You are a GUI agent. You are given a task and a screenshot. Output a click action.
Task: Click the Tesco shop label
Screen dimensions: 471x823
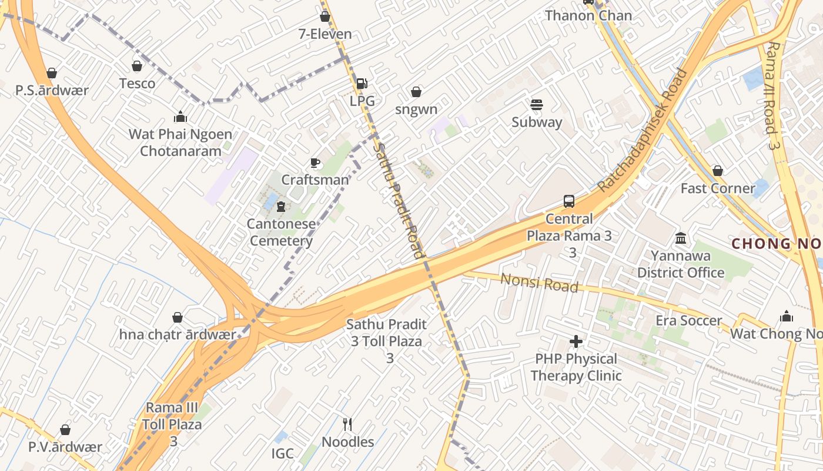137,84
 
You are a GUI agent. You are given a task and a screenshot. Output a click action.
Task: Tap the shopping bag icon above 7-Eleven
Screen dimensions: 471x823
324,17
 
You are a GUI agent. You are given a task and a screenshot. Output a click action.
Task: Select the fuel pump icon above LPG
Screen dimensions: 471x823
362,84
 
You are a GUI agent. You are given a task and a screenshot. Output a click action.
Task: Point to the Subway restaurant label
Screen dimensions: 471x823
537,122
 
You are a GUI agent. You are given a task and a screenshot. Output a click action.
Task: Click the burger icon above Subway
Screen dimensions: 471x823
536,105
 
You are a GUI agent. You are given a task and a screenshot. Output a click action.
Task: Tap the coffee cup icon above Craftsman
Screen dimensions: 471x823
315,163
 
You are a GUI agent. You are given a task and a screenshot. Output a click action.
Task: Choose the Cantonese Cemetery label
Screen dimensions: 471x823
281,233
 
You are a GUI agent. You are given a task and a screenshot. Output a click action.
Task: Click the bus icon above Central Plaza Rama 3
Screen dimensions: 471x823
568,201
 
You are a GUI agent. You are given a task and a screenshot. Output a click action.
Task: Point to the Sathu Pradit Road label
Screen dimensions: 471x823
400,200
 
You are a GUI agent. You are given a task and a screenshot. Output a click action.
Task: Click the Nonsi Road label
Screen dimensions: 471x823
539,282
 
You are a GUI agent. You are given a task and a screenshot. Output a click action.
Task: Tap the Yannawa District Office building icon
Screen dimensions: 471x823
681,238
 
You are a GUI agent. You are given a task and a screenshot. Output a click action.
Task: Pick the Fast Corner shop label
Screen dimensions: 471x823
717,188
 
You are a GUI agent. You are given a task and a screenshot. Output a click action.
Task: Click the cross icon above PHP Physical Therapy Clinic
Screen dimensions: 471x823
576,341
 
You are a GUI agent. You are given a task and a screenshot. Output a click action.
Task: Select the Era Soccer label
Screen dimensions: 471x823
688,321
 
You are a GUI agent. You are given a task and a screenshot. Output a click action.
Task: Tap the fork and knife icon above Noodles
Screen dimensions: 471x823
347,424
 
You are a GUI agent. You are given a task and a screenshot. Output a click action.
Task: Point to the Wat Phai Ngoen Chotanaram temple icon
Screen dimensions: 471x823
180,117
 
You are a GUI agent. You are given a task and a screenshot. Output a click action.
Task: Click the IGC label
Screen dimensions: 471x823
282,453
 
